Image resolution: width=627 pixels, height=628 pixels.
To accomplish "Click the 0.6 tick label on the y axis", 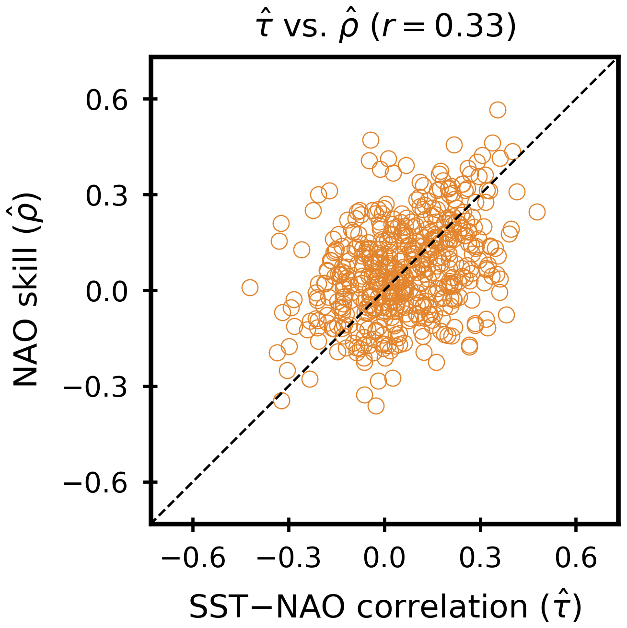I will click(107, 100).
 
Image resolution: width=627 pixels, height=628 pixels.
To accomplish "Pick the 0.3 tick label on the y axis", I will click(107, 195).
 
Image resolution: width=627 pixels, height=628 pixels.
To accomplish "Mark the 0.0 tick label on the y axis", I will click(107, 291).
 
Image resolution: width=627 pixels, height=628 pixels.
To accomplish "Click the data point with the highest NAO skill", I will click(498, 110).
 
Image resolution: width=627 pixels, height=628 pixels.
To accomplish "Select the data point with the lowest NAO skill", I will click(376, 406).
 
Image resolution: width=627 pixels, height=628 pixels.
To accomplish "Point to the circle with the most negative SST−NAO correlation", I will click(250, 287).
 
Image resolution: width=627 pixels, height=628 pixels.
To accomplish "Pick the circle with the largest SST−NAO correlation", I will click(537, 212).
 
